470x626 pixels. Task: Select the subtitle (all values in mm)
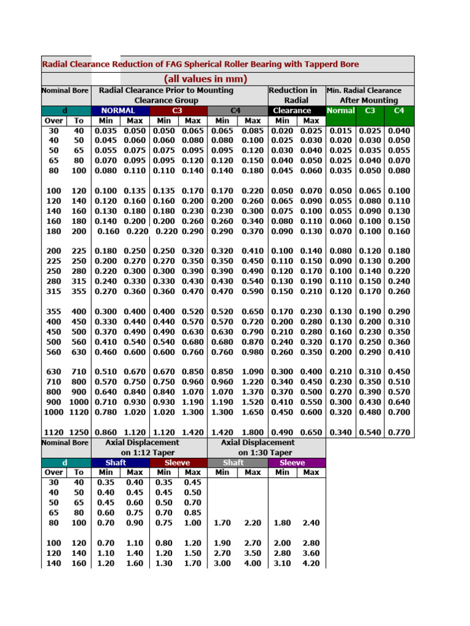206,79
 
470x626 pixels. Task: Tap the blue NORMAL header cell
120,111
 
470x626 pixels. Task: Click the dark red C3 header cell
177,111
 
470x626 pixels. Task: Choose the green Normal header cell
341,111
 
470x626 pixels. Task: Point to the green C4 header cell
399,111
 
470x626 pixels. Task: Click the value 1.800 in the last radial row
253,432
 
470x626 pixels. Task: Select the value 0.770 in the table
399,432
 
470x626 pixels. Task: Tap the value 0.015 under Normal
341,131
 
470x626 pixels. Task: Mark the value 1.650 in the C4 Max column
253,412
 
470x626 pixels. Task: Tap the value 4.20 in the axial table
311,563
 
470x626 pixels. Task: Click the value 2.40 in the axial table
311,523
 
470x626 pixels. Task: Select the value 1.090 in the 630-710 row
253,371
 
